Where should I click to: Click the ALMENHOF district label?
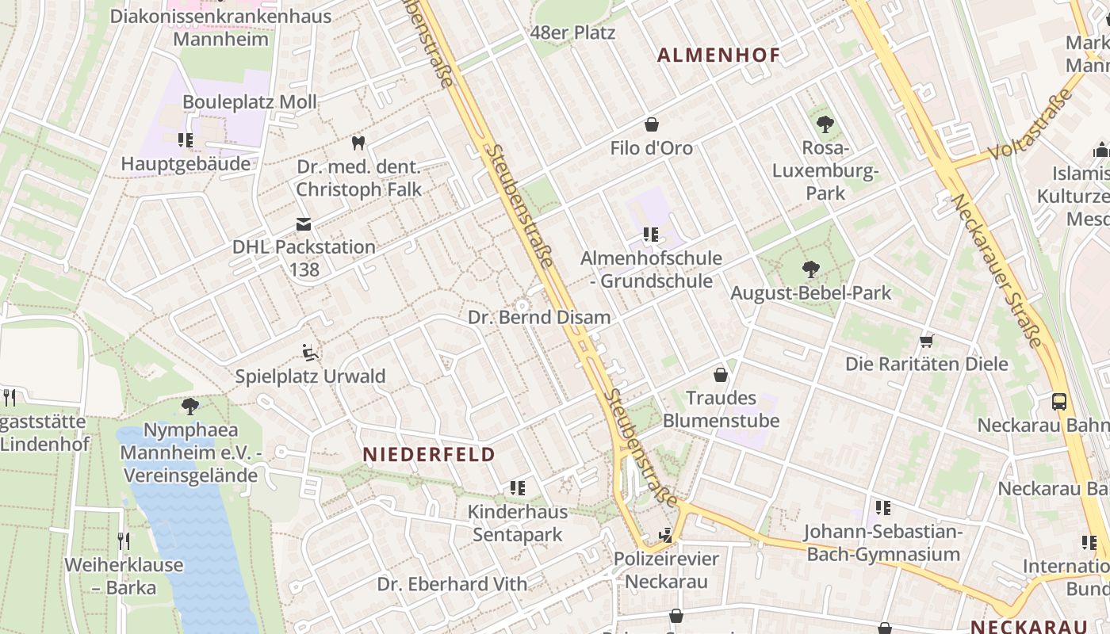719,55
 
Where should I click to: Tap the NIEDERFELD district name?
429,455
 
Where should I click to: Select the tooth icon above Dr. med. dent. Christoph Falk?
358,143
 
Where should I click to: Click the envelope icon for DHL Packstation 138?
304,224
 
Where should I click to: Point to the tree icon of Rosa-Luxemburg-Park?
825,124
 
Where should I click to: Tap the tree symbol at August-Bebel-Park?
810,269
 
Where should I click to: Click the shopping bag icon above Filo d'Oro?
652,124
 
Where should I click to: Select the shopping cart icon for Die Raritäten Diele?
926,341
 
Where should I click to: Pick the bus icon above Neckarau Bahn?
1059,401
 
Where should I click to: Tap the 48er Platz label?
572,33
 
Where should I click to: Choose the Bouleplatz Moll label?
250,101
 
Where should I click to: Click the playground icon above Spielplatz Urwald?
310,352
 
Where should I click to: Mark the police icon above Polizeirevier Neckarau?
666,536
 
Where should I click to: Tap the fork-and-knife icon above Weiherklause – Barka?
124,541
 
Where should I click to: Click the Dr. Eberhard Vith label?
452,584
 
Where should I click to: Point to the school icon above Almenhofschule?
651,235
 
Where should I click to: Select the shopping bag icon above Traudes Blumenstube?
721,374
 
